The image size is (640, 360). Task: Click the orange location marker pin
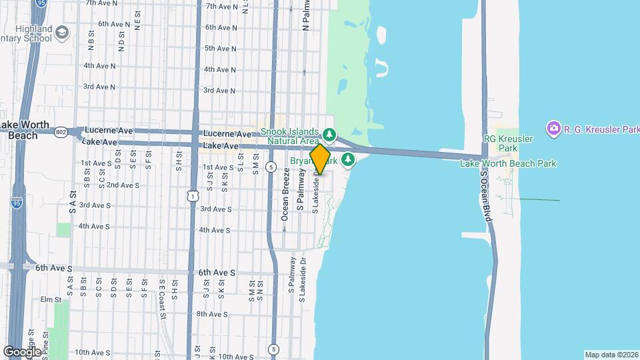pos(320,159)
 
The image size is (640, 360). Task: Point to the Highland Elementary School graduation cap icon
pos(62,32)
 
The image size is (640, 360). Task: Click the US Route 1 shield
pos(193,195)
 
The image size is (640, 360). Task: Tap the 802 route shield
pos(61,131)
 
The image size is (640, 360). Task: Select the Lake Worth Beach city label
pos(24,129)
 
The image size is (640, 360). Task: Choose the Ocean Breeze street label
pos(285,193)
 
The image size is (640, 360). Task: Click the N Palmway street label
pos(306,16)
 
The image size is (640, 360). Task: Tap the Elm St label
pos(50,299)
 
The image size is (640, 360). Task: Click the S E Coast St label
pos(161,291)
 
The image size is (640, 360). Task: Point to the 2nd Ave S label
pos(122,185)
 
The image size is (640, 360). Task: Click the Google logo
pos(22,351)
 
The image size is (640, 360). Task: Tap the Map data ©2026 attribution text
pos(611,354)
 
